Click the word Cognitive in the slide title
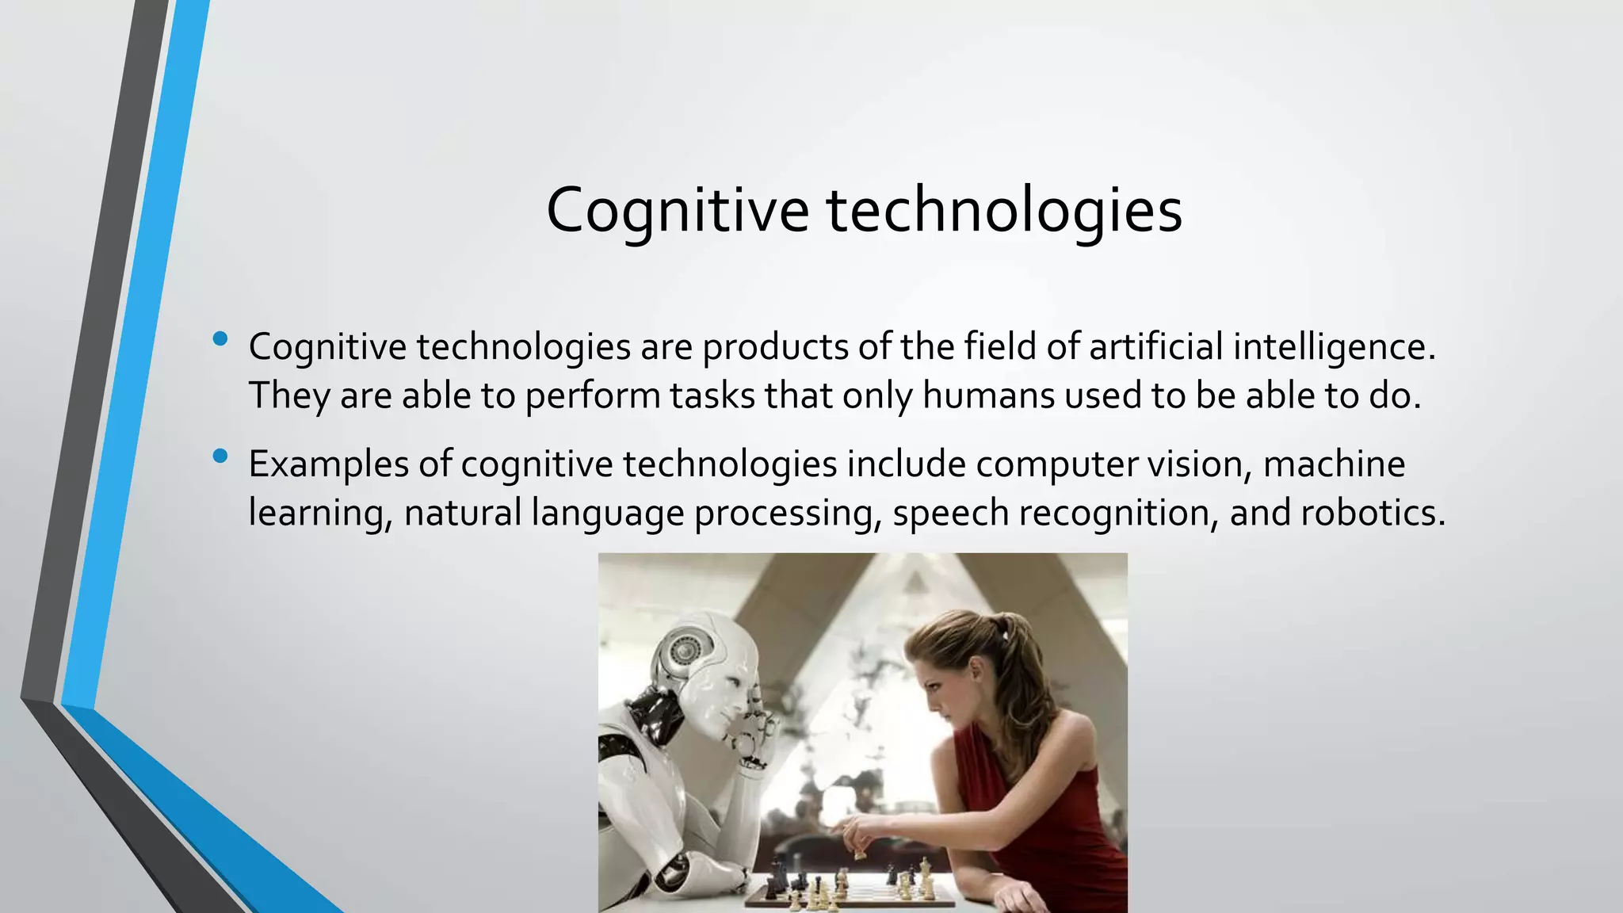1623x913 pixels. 678,210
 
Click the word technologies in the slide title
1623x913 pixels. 1005,210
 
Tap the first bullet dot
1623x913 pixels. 220,340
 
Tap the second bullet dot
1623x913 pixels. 220,456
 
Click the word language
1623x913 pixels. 608,514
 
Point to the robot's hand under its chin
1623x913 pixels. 753,741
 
